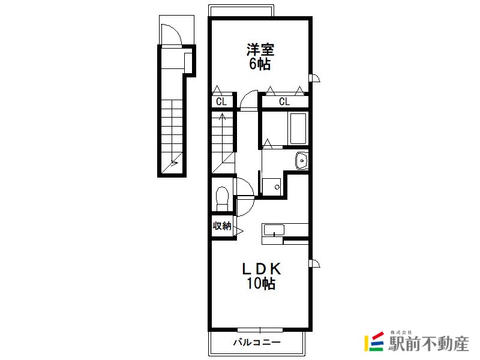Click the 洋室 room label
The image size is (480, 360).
pyautogui.click(x=260, y=50)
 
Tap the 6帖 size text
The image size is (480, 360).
pyautogui.click(x=260, y=64)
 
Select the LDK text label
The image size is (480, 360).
pyautogui.click(x=262, y=269)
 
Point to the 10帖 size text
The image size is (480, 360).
pyautogui.click(x=261, y=283)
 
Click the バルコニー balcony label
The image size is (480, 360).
pyautogui.click(x=257, y=341)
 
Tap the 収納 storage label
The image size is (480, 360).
pyautogui.click(x=222, y=226)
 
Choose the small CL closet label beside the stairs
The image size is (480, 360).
pyautogui.click(x=221, y=101)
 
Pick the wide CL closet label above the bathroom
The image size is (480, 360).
pyautogui.click(x=284, y=101)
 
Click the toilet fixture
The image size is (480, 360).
pyautogui.click(x=222, y=199)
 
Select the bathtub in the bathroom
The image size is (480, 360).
pyautogui.click(x=298, y=128)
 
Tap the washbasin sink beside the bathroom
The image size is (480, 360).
pyautogui.click(x=302, y=160)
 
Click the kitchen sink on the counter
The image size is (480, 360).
pyautogui.click(x=274, y=230)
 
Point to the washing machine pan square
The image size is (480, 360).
pyautogui.click(x=272, y=187)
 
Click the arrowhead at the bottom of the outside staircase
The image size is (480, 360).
pyautogui.click(x=175, y=163)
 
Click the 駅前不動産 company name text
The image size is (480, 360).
pyautogui.click(x=428, y=343)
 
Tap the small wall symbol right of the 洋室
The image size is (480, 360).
pyautogui.click(x=314, y=79)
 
